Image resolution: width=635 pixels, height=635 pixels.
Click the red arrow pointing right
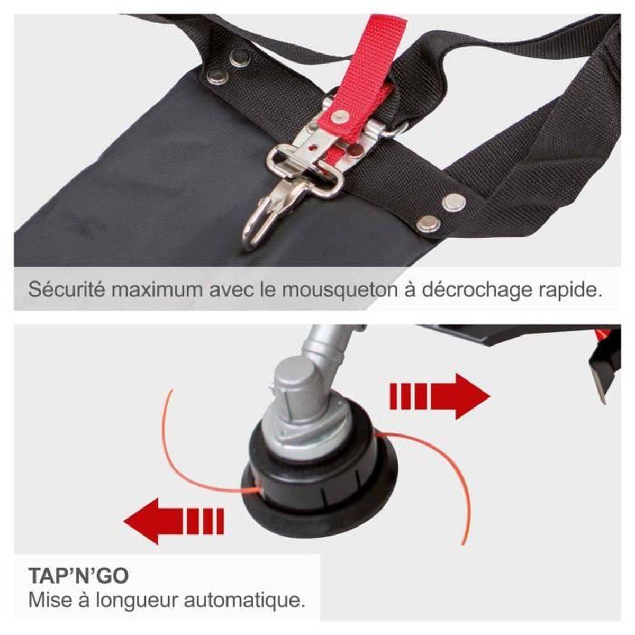point(440,396)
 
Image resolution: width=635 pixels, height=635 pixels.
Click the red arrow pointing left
point(174,521)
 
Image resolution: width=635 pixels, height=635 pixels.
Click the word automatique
point(244,601)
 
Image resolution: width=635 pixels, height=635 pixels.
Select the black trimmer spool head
point(320,488)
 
